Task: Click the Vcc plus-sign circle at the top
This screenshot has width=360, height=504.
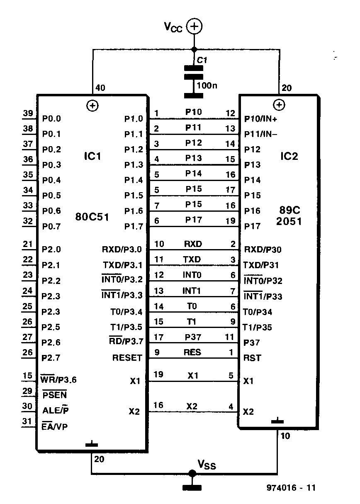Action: point(195,26)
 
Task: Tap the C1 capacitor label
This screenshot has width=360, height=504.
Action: point(202,60)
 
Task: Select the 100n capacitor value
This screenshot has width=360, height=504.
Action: point(207,86)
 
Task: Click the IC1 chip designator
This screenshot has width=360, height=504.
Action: point(92,156)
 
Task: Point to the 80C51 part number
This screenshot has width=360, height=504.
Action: point(92,217)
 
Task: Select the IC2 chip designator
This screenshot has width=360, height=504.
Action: point(289,156)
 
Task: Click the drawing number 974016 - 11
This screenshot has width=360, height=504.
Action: point(291,487)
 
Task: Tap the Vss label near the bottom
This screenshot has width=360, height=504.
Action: point(207,465)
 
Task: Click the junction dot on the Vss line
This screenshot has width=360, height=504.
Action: point(192,473)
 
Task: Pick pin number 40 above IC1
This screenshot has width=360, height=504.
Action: point(100,88)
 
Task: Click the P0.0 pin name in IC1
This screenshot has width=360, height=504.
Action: point(51,119)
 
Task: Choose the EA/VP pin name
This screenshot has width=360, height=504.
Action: point(55,426)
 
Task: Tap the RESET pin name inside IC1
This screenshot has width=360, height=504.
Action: point(127,357)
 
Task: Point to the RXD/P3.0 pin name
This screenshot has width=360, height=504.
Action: point(122,249)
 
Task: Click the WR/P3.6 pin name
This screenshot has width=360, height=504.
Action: point(58,379)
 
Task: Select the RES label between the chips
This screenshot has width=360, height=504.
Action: point(192,352)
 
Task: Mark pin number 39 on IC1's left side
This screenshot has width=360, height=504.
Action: point(28,113)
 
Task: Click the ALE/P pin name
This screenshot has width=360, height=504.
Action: point(56,410)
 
